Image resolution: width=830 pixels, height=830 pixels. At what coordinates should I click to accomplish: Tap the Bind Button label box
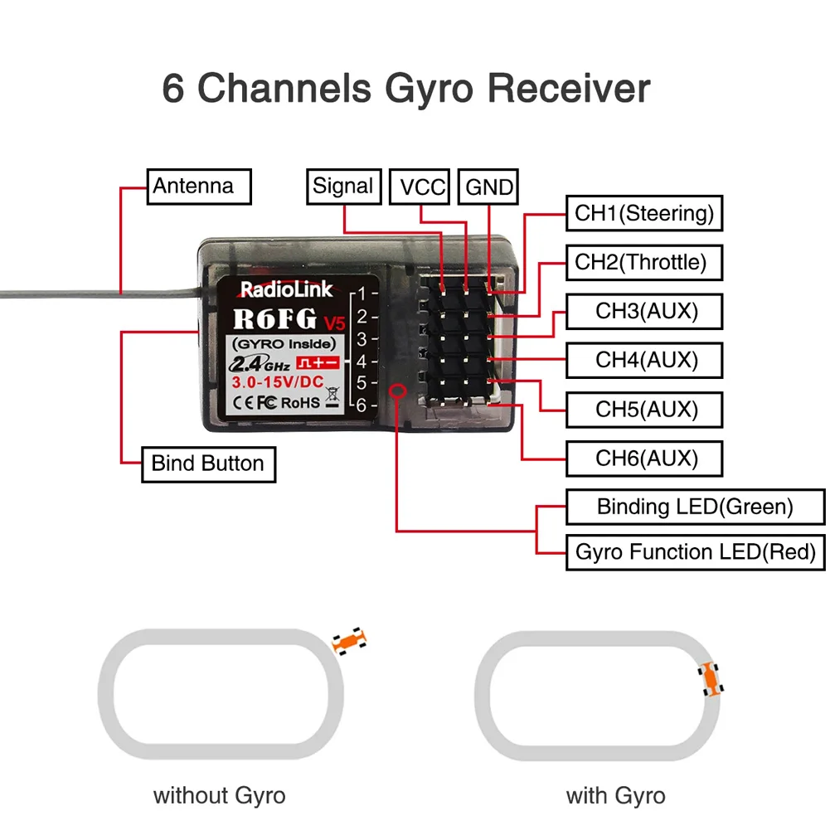(208, 463)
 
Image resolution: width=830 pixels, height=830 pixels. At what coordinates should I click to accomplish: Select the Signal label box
(343, 186)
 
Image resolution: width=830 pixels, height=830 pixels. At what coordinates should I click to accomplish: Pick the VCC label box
(422, 187)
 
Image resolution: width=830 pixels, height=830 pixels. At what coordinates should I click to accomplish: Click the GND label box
(489, 187)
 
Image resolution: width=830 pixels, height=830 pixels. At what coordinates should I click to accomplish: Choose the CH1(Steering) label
(644, 213)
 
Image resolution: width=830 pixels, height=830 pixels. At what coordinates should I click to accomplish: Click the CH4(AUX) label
(644, 360)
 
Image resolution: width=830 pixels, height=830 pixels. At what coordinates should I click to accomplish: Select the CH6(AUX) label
(644, 458)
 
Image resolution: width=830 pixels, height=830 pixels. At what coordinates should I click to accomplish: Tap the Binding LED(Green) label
(695, 506)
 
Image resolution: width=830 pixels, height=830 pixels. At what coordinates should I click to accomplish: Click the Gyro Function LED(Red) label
(695, 551)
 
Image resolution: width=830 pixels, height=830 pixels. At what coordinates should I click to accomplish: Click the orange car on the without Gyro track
(348, 641)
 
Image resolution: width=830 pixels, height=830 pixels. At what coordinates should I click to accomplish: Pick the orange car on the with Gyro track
(711, 679)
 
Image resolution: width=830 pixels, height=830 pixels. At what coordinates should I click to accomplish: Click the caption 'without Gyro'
(219, 796)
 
